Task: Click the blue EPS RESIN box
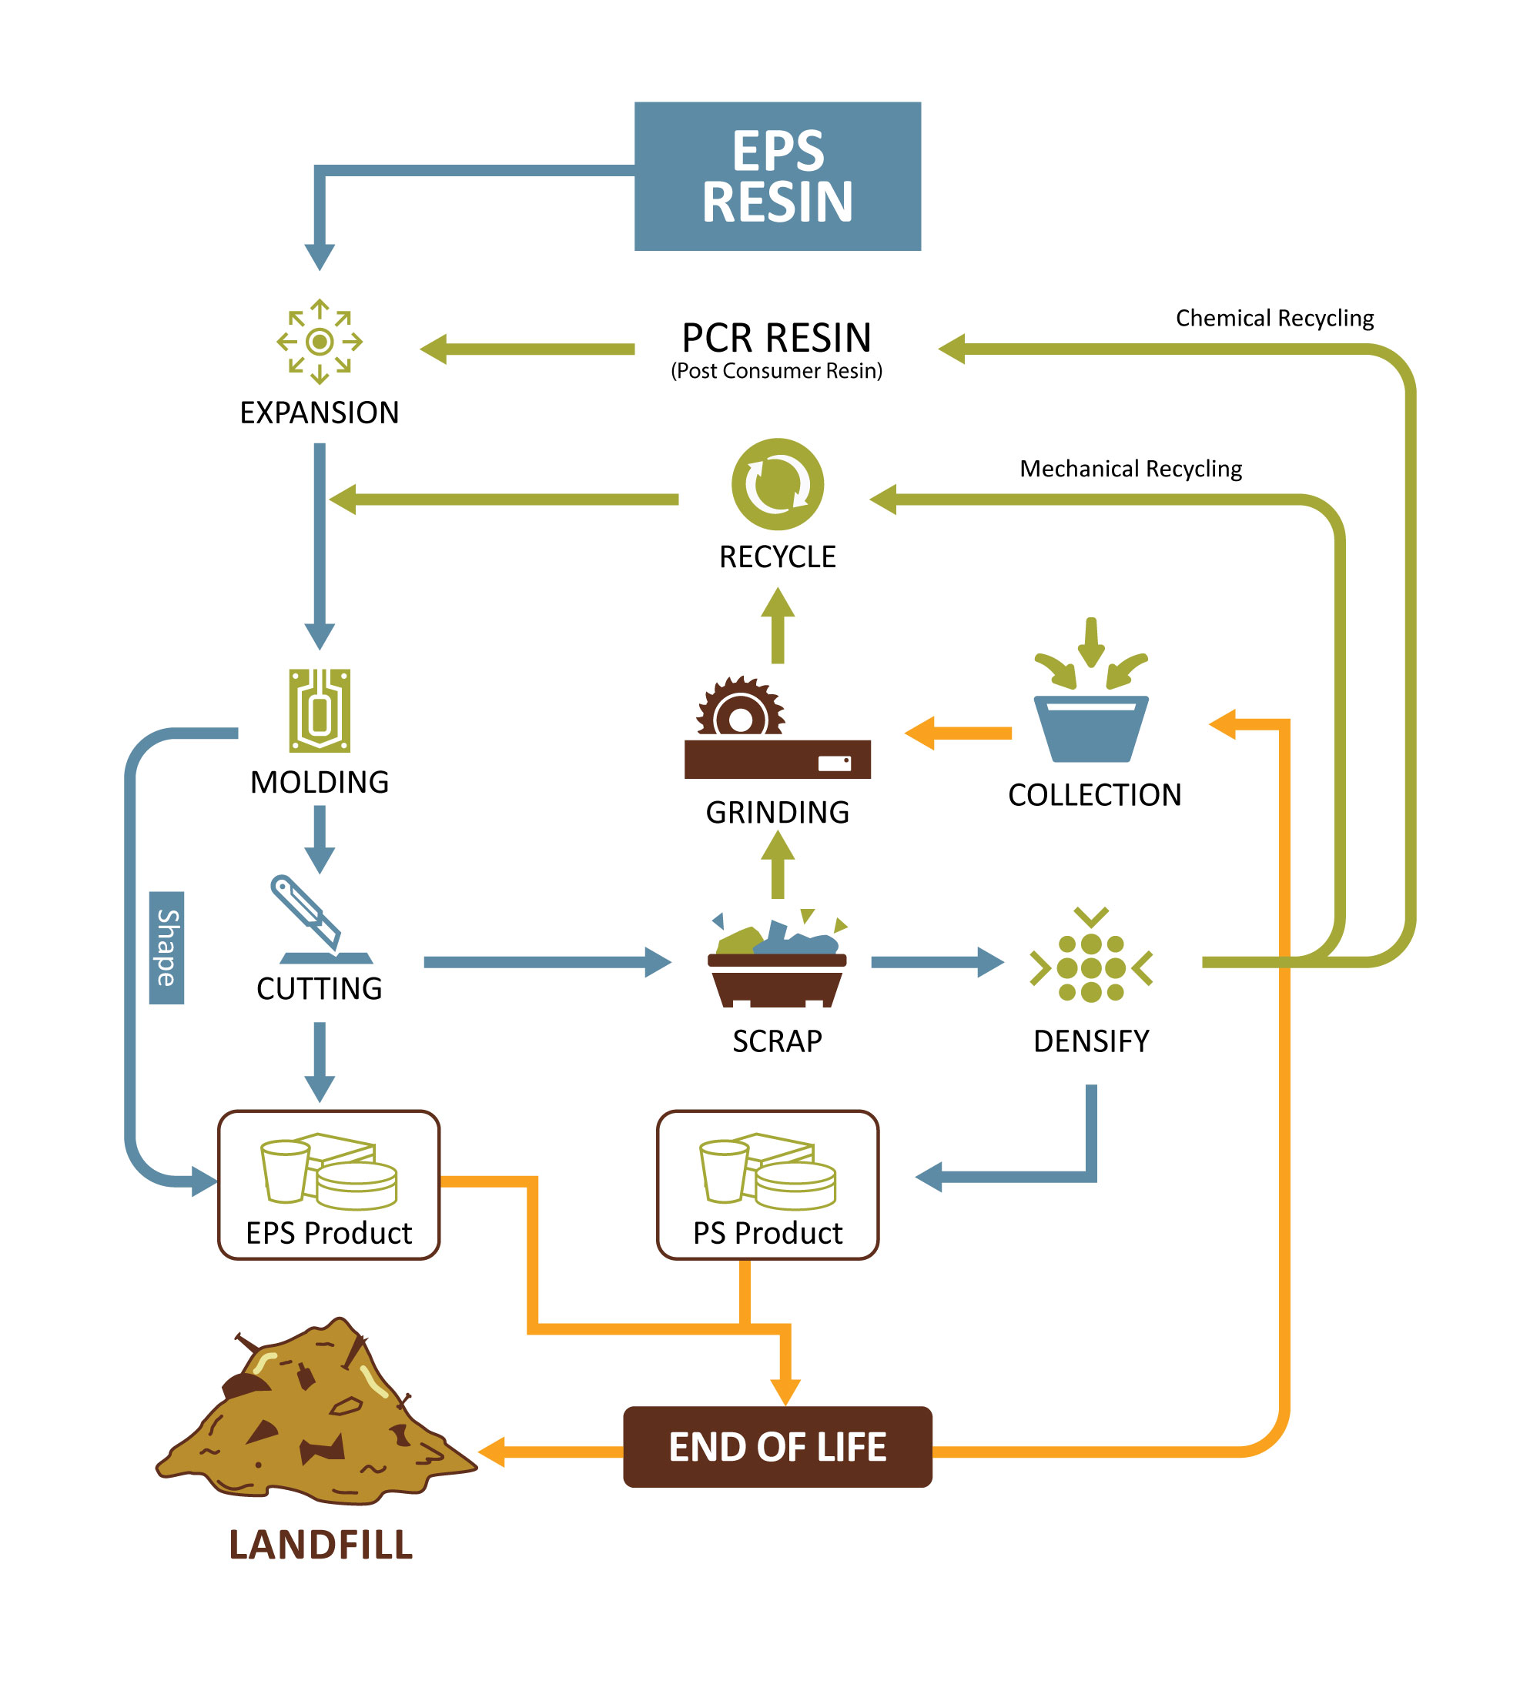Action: (777, 176)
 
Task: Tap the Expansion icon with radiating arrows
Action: (320, 341)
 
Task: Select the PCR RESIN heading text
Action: (776, 338)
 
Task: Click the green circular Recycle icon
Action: (777, 484)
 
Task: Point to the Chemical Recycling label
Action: (1274, 319)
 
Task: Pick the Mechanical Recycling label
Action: (1130, 469)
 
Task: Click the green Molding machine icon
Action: (320, 710)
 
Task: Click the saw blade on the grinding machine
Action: (740, 710)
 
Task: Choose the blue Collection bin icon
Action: (1090, 727)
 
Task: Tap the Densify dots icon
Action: (1090, 967)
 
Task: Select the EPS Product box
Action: (329, 1184)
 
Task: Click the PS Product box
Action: (767, 1184)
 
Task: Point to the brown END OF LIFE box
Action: (777, 1447)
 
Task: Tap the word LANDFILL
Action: (321, 1545)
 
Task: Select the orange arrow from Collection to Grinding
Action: (959, 733)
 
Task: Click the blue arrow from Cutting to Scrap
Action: (547, 962)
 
